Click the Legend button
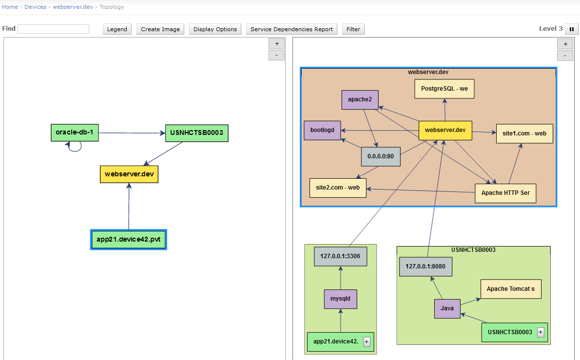pos(117,29)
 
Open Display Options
pos(215,29)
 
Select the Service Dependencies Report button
pos(291,29)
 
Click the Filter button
pos(353,29)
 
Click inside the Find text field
pos(53,29)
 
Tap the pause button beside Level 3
pos(571,29)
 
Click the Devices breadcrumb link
pos(35,7)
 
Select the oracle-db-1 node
pos(75,133)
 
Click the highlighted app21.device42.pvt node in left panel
pos(129,240)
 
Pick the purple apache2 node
pos(360,99)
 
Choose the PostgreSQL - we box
pos(444,89)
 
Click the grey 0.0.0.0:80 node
pos(381,157)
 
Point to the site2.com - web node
pos(338,188)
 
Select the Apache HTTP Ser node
pos(505,193)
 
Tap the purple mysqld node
pos(341,299)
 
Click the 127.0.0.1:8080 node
pos(425,266)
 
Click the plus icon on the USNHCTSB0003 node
pos(541,332)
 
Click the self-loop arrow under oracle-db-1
pos(74,147)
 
